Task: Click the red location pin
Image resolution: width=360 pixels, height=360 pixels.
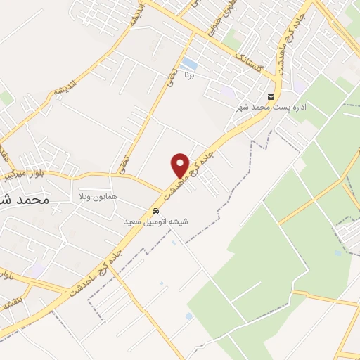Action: pyautogui.click(x=180, y=165)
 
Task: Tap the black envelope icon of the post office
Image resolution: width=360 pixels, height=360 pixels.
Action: pyautogui.click(x=271, y=97)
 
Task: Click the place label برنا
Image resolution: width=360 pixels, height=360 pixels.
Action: pyautogui.click(x=188, y=73)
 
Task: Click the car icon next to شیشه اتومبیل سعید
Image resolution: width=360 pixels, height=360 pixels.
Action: pyautogui.click(x=155, y=211)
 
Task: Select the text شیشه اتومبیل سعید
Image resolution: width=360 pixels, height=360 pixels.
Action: pyautogui.click(x=156, y=221)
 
